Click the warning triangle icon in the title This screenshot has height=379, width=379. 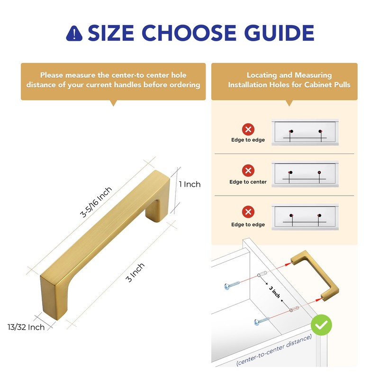(74, 33)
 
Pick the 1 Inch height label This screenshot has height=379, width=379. (189, 184)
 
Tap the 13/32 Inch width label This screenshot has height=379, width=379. (26, 327)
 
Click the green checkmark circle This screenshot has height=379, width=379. (321, 325)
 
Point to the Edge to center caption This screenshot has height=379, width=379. (248, 182)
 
